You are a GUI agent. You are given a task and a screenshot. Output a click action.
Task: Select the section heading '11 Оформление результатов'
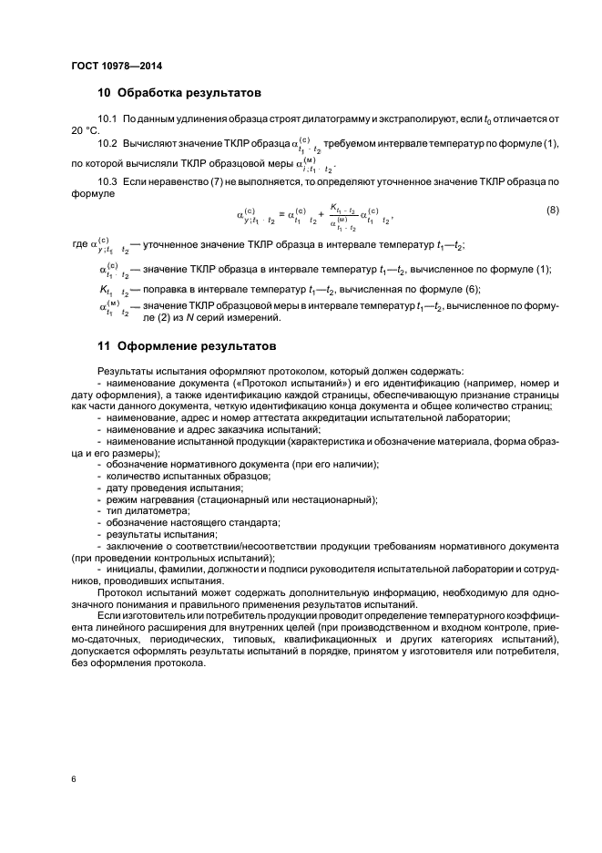tap(185, 346)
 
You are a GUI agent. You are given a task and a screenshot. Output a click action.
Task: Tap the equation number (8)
tap(552, 211)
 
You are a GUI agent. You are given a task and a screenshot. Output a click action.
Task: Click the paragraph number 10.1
tap(108, 120)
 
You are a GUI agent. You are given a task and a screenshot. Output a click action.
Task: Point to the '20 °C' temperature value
tap(85, 131)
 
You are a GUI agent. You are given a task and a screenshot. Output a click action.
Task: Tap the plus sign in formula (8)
tap(321, 216)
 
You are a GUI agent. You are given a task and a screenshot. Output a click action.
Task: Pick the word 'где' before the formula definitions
tap(79, 246)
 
